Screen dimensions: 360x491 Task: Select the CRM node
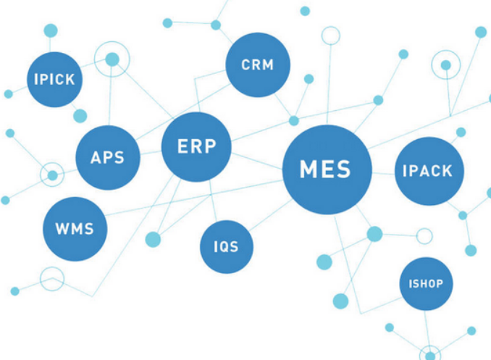coord(258,65)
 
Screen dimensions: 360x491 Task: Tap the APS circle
coord(108,157)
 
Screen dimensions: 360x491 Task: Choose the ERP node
coord(196,147)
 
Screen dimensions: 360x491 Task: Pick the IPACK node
coord(427,171)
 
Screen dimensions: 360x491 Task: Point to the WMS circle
coord(75,229)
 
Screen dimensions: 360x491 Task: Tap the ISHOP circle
coord(426,283)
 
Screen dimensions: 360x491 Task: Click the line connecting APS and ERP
coord(151,153)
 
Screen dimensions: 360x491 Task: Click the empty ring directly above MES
coord(331,35)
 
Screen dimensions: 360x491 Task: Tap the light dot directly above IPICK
coord(51,30)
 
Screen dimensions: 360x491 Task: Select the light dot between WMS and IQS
coord(153,239)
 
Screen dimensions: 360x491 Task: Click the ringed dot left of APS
coord(52,175)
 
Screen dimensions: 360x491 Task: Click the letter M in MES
coord(308,170)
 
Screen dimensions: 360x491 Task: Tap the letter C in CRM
coord(246,65)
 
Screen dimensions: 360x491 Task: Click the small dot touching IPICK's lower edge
coord(80,115)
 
